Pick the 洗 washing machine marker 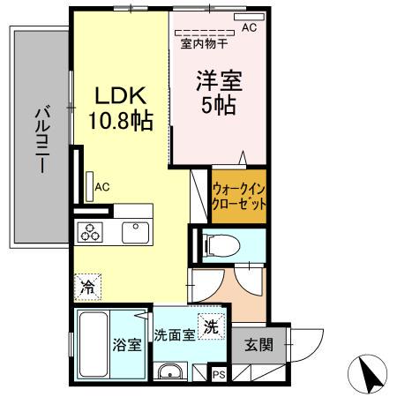click(211, 326)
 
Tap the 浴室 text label click(127, 345)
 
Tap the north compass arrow click(371, 375)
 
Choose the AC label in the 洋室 click(249, 28)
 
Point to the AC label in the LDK click(102, 187)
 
